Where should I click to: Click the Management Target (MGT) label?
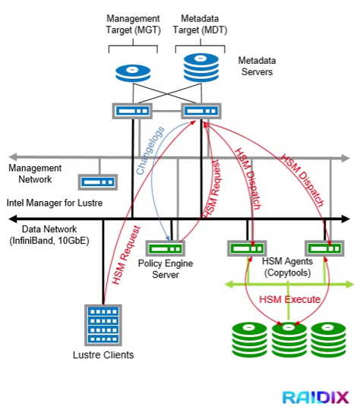pyautogui.click(x=133, y=24)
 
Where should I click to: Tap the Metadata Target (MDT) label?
pyautogui.click(x=201, y=24)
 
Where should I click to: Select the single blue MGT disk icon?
pyautogui.click(x=133, y=73)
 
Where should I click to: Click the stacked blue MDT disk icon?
pyautogui.click(x=201, y=68)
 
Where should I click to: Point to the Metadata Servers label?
pyautogui.click(x=257, y=66)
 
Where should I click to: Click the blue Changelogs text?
pyautogui.click(x=150, y=150)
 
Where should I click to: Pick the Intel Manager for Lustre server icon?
pyautogui.click(x=98, y=182)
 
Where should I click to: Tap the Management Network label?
pyautogui.click(x=35, y=174)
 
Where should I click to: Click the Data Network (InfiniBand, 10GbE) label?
pyautogui.click(x=49, y=235)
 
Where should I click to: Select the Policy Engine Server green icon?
pyautogui.click(x=166, y=248)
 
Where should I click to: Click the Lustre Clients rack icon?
pyautogui.click(x=103, y=325)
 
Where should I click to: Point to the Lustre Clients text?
pyautogui.click(x=103, y=355)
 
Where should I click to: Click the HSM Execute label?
pyautogui.click(x=290, y=299)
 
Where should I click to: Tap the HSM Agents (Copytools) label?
pyautogui.click(x=287, y=267)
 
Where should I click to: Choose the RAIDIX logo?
pyautogui.click(x=315, y=398)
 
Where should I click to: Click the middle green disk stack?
pyautogui.click(x=289, y=339)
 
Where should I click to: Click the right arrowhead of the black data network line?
pyautogui.click(x=346, y=219)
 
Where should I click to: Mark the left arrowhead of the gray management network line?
pyautogui.click(x=13, y=157)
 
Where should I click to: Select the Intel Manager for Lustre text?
pyautogui.click(x=55, y=203)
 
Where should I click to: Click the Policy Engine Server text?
pyautogui.click(x=166, y=269)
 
